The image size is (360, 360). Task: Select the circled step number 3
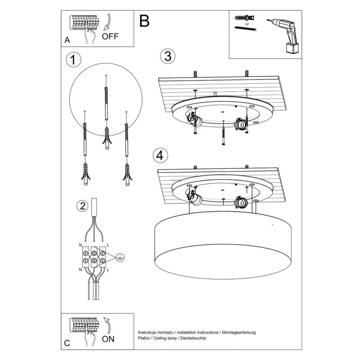(167, 56)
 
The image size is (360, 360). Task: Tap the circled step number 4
(160, 156)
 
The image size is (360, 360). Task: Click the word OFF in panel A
(110, 36)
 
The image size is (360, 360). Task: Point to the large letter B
(144, 21)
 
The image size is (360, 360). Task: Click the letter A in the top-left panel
(67, 40)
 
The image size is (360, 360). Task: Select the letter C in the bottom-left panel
(67, 343)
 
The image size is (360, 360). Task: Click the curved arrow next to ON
(107, 325)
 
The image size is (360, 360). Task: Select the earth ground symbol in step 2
(120, 257)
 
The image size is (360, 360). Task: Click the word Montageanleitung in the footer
(238, 332)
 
